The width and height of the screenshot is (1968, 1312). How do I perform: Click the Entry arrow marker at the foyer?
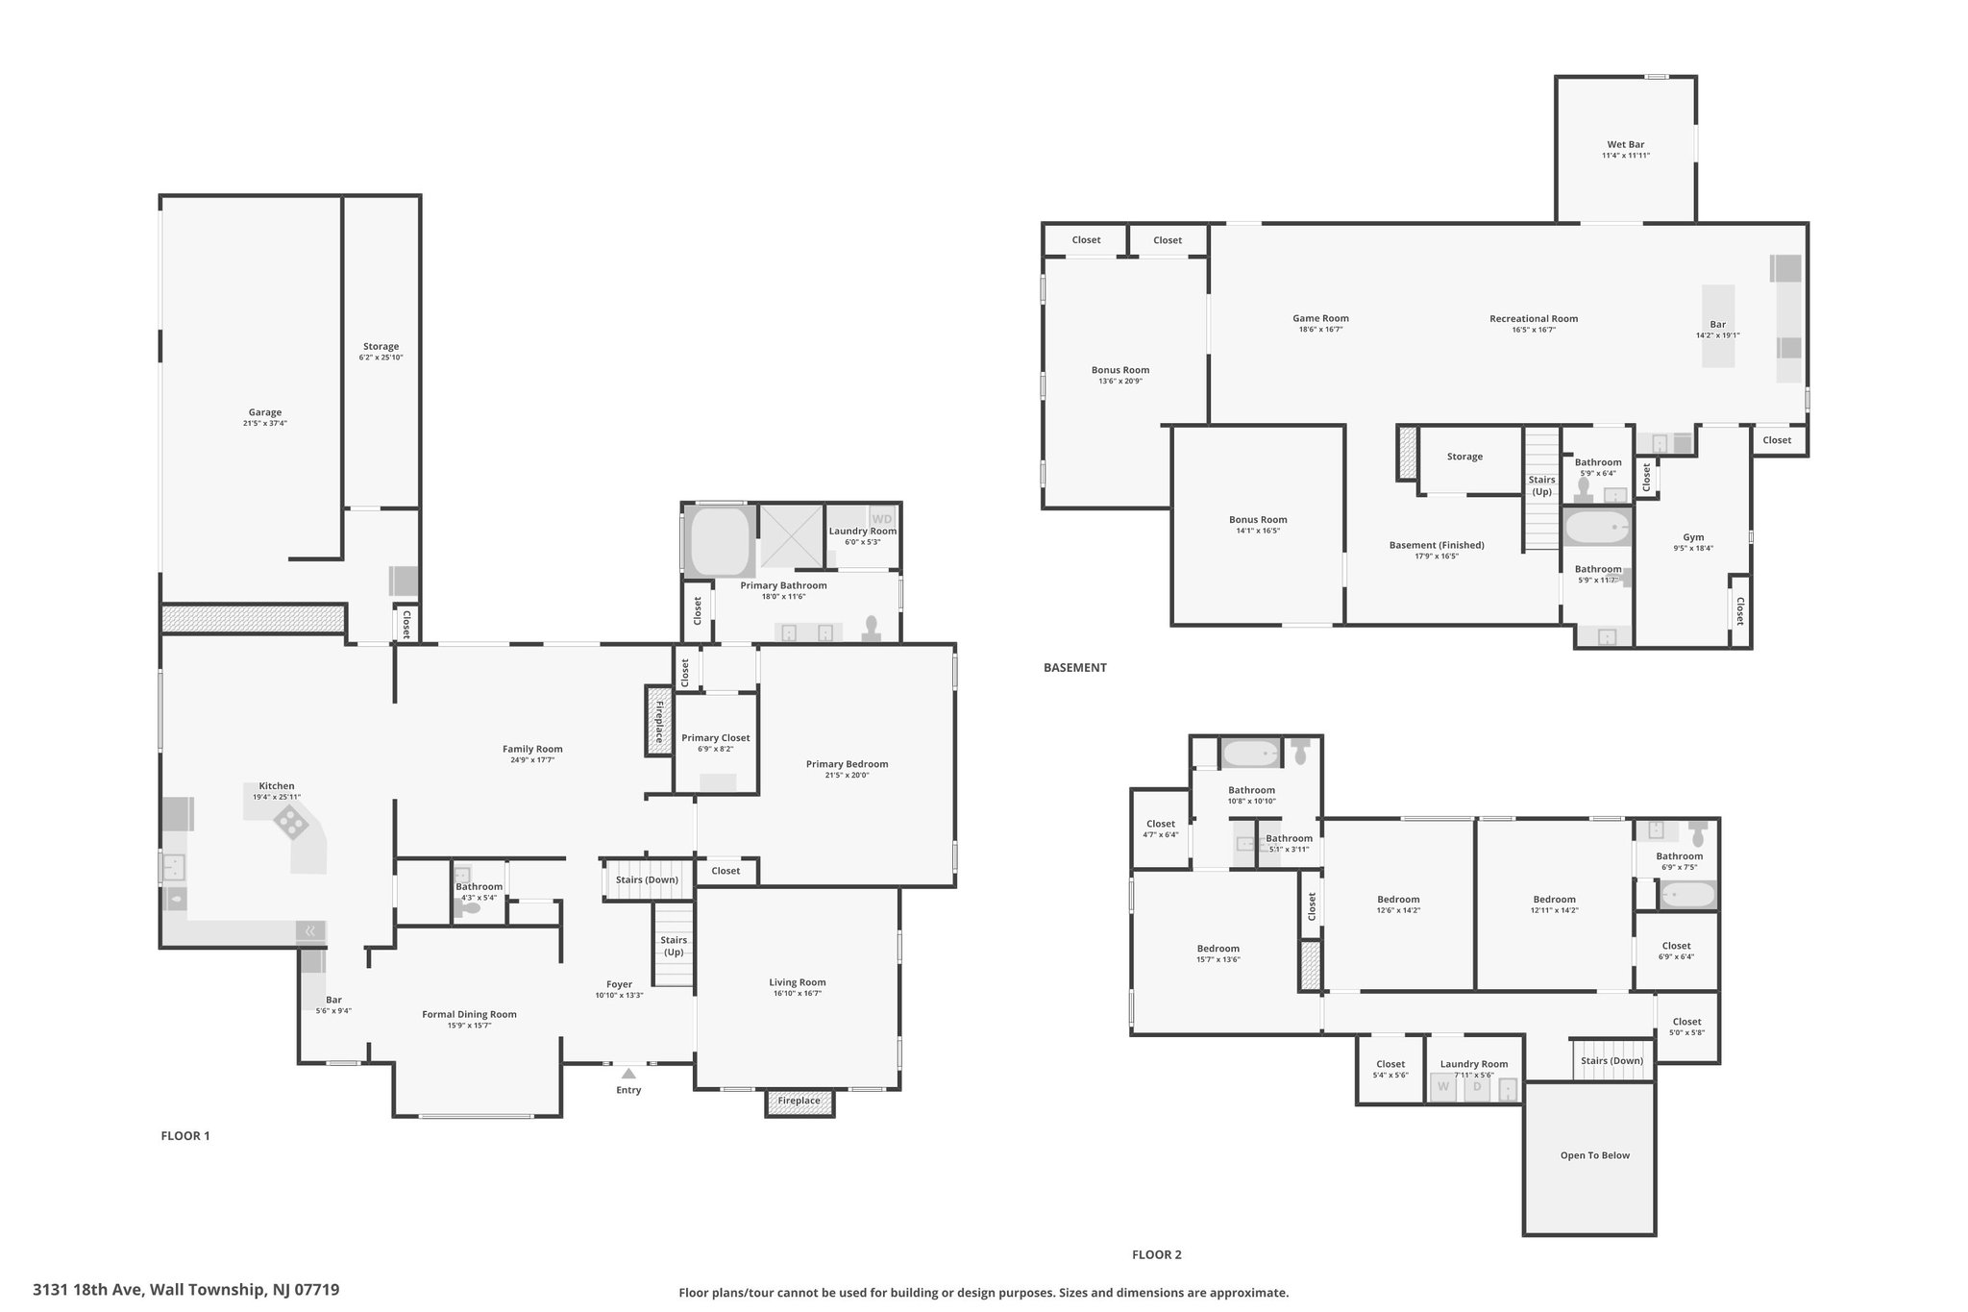(x=627, y=1073)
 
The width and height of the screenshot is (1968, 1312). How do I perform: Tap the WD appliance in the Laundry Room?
(x=882, y=519)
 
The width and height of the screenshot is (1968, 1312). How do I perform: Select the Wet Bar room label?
(x=1625, y=144)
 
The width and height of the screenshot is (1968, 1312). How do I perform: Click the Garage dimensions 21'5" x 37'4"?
(x=265, y=423)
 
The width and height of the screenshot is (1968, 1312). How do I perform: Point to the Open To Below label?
(x=1594, y=1155)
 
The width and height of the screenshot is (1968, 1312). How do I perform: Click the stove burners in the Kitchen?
(x=291, y=822)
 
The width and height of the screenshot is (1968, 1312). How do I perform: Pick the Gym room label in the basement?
(x=1693, y=537)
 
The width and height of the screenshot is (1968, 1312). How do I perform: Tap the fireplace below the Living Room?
(x=799, y=1102)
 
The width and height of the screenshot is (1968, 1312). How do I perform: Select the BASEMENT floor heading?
(x=1075, y=667)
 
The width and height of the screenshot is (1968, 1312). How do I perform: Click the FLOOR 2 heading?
(x=1157, y=1254)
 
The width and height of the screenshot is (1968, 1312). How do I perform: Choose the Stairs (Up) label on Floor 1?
(x=674, y=946)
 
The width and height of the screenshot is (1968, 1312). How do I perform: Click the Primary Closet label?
(x=716, y=738)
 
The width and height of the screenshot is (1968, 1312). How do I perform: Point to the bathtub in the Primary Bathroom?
(x=719, y=541)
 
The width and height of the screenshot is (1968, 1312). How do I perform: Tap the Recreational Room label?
(x=1534, y=318)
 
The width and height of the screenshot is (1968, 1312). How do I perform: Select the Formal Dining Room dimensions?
(x=470, y=1026)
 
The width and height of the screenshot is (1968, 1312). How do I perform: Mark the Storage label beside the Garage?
(x=381, y=346)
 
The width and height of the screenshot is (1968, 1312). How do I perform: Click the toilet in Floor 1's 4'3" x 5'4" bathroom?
(x=468, y=904)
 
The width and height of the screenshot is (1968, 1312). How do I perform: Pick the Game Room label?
(x=1320, y=318)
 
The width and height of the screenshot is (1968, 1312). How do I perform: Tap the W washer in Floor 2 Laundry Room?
(x=1442, y=1088)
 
